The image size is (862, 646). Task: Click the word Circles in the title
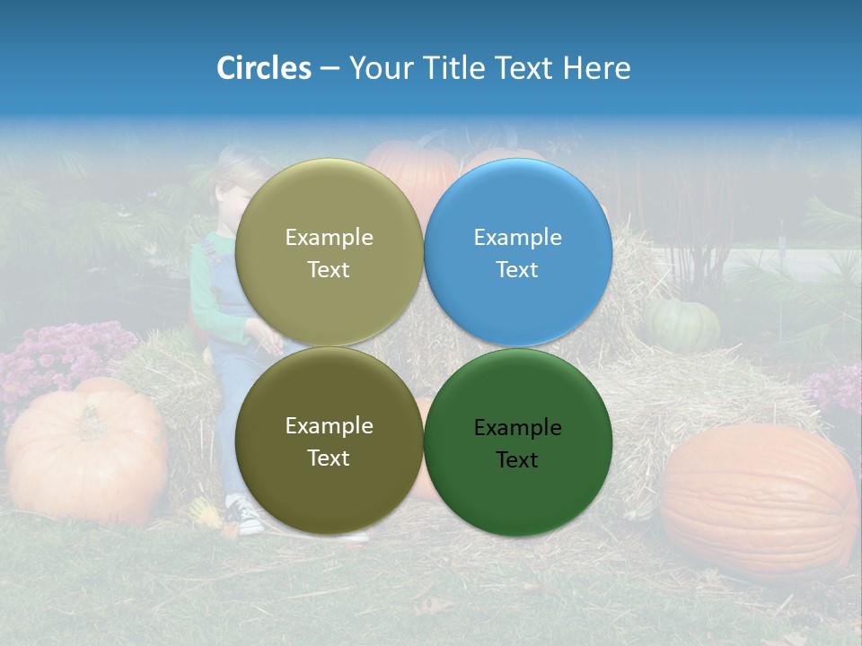264,68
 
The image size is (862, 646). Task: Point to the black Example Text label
518,443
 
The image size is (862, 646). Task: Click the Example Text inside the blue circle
518,253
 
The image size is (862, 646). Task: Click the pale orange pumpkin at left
85,453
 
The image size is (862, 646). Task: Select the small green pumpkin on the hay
682,325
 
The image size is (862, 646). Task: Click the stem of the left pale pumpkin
90,415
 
